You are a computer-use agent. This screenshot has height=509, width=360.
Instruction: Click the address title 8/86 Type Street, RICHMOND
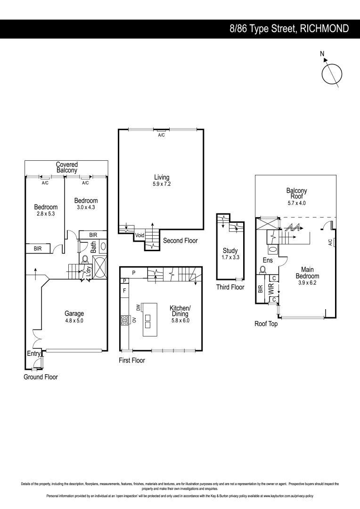289,28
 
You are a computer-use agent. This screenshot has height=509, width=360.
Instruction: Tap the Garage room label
74,313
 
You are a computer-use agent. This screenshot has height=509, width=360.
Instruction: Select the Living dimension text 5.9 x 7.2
161,184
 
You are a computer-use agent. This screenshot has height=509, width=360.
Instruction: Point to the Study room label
230,251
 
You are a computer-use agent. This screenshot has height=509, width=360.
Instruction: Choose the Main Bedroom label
307,273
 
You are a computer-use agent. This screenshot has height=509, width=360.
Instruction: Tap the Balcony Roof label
296,194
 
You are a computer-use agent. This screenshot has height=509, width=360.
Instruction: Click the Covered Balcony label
67,167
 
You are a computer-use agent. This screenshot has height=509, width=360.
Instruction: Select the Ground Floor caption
41,377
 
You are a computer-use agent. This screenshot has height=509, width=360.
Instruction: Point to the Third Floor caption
230,287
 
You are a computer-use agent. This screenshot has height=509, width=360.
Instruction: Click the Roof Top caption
266,324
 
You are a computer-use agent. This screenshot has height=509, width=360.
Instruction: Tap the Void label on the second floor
139,235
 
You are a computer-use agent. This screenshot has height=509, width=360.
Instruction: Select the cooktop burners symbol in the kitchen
125,320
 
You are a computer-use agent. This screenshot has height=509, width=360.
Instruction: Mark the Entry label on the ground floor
33,353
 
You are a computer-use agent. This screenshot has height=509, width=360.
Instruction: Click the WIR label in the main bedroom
271,289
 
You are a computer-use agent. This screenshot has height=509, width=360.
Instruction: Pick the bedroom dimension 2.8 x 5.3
46,213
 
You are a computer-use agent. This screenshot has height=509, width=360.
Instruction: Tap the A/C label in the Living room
161,135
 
